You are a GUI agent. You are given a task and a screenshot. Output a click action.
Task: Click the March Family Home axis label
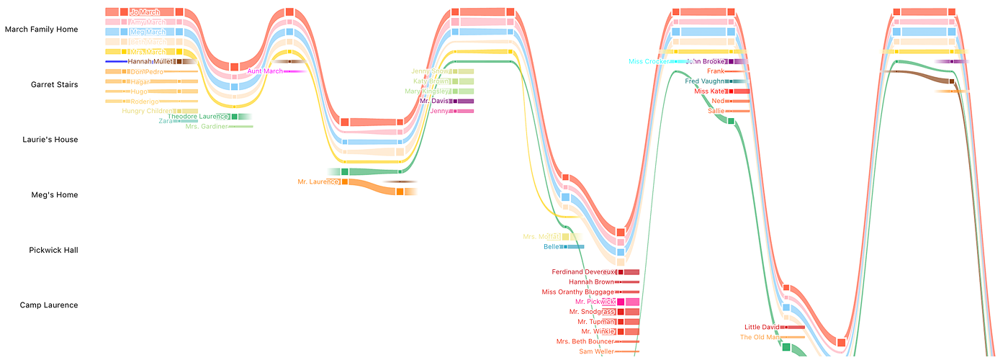pos(42,30)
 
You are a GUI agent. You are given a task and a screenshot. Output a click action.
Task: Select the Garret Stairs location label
pos(55,85)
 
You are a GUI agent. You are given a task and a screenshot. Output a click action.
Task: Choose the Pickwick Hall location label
pos(53,251)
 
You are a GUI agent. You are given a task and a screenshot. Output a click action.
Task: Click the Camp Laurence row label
pos(49,305)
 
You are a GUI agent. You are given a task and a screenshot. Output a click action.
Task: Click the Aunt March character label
pos(265,71)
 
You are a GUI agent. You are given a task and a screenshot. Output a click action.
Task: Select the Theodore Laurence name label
pos(198,117)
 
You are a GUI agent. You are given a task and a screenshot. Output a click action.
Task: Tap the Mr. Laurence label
pos(318,182)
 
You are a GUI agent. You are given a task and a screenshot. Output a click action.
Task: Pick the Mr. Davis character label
pos(434,102)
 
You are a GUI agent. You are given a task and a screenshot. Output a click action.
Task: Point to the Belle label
pos(552,247)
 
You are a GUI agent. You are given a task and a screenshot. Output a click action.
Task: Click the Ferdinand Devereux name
pos(583,272)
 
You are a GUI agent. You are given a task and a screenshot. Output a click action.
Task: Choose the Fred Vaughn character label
pos(704,81)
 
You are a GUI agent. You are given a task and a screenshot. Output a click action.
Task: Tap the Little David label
pos(762,328)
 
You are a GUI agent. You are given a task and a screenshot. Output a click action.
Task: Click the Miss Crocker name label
pos(648,62)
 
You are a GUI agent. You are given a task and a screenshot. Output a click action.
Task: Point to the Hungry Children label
pos(147,111)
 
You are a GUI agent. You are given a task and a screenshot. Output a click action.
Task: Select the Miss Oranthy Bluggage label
pos(578,292)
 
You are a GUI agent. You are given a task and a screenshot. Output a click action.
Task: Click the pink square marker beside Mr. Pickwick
pos(621,302)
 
